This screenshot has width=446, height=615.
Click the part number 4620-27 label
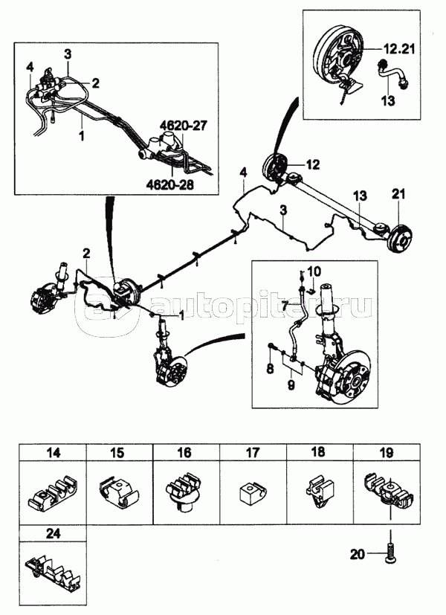pos(183,126)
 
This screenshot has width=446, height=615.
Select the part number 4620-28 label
pos(171,184)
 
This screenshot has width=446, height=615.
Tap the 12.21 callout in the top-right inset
pos(398,49)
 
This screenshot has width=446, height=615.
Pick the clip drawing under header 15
pos(119,493)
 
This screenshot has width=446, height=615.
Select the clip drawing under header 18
pos(320,492)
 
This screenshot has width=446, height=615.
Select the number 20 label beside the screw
pos(357,554)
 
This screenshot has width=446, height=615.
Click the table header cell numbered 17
pos(253,453)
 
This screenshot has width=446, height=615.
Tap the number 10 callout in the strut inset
pos(314,271)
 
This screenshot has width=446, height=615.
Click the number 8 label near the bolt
pos(270,369)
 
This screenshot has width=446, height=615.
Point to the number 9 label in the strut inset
pos(291,385)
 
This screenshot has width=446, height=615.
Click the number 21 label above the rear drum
pos(398,194)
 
